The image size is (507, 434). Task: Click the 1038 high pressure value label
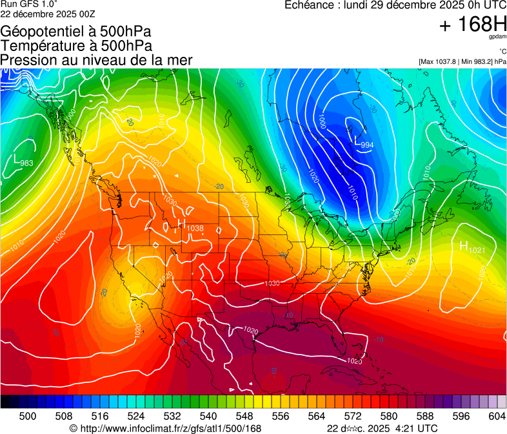[195, 228]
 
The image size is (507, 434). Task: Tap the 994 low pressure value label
[367, 145]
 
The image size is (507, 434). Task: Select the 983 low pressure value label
[27, 163]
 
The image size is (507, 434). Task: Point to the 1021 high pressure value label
[476, 250]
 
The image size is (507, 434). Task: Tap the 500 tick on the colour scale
[28, 417]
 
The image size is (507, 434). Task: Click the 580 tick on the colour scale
[389, 417]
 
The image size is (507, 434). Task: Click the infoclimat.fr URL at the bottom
[165, 429]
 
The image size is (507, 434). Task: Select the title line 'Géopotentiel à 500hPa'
[76, 31]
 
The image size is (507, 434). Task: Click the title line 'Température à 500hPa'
[76, 45]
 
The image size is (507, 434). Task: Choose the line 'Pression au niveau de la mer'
[96, 60]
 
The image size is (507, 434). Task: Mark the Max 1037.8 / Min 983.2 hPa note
[462, 61]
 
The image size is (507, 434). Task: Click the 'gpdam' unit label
[498, 38]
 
